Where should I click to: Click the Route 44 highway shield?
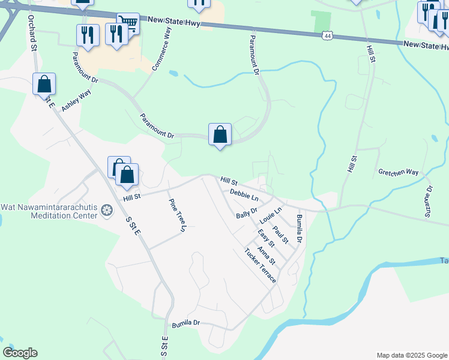click(327, 36)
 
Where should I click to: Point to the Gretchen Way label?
click(398, 172)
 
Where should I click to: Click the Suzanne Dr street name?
click(429, 200)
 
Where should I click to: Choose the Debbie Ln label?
click(244, 194)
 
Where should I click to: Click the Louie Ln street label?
click(270, 217)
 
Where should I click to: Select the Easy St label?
click(266, 238)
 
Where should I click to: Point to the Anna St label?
click(266, 256)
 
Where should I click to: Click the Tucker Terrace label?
click(260, 266)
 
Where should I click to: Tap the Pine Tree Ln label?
click(177, 215)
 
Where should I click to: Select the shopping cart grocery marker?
click(128, 23)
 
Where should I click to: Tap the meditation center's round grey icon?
click(107, 210)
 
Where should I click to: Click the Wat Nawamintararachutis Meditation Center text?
click(49, 211)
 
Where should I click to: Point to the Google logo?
click(20, 353)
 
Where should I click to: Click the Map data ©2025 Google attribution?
click(411, 355)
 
